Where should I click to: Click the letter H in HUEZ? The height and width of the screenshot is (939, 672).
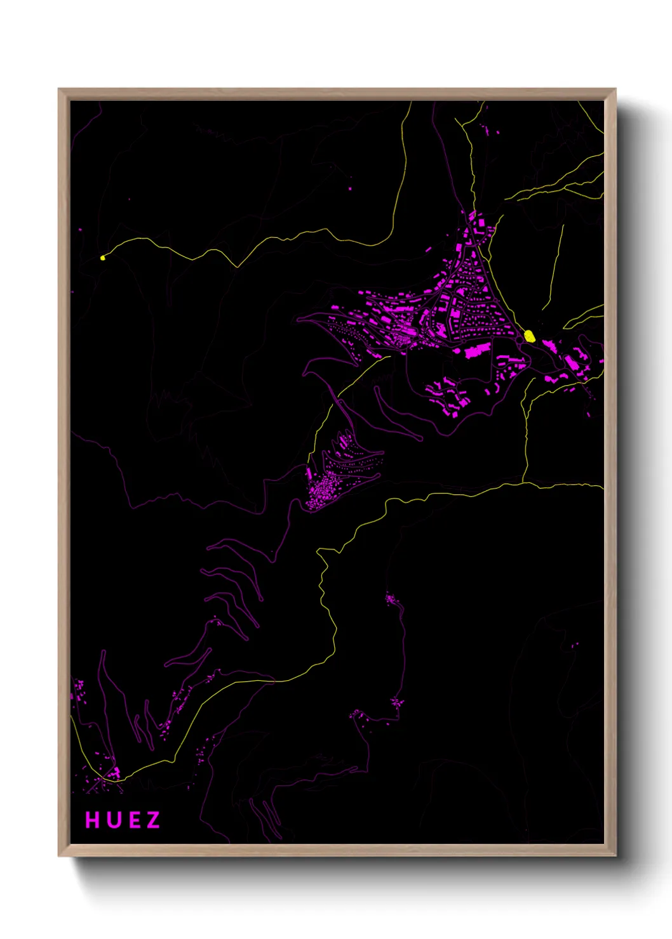[93, 820]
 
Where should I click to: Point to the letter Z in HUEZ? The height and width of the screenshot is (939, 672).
[153, 820]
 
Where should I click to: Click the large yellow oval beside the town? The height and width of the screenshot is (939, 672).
[529, 336]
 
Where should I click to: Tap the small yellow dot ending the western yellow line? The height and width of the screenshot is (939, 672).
[102, 258]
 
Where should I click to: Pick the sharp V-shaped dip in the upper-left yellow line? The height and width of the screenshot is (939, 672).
[237, 266]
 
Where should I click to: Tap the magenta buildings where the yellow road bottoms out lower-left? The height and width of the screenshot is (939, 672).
[114, 772]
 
